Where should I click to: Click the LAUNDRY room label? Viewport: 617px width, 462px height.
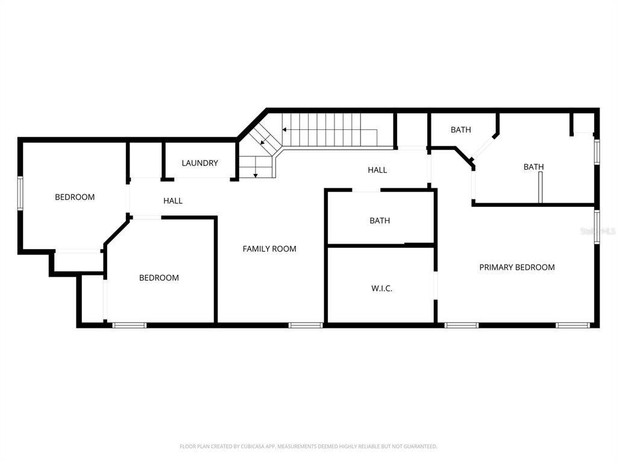199,163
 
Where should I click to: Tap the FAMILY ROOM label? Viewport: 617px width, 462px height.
269,248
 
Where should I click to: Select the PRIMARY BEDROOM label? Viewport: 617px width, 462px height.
516,267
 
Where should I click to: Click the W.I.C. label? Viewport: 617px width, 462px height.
381,288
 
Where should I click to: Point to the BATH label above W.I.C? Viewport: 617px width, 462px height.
380,221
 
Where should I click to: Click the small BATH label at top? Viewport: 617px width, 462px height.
461,130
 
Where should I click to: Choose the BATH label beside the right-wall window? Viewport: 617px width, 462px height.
534,167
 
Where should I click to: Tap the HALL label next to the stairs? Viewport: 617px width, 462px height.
377,170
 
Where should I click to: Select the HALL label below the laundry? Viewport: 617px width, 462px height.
173,201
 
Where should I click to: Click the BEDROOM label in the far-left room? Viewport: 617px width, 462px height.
75,197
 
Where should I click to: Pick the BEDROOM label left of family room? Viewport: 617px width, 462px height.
159,278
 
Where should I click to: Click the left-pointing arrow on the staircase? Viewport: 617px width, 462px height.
330,130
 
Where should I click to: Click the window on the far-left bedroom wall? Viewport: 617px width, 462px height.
20,193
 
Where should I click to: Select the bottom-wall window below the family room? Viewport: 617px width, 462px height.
305,325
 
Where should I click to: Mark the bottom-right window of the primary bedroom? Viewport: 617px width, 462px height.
572,325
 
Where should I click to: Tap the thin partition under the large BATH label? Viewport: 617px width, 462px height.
540,188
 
